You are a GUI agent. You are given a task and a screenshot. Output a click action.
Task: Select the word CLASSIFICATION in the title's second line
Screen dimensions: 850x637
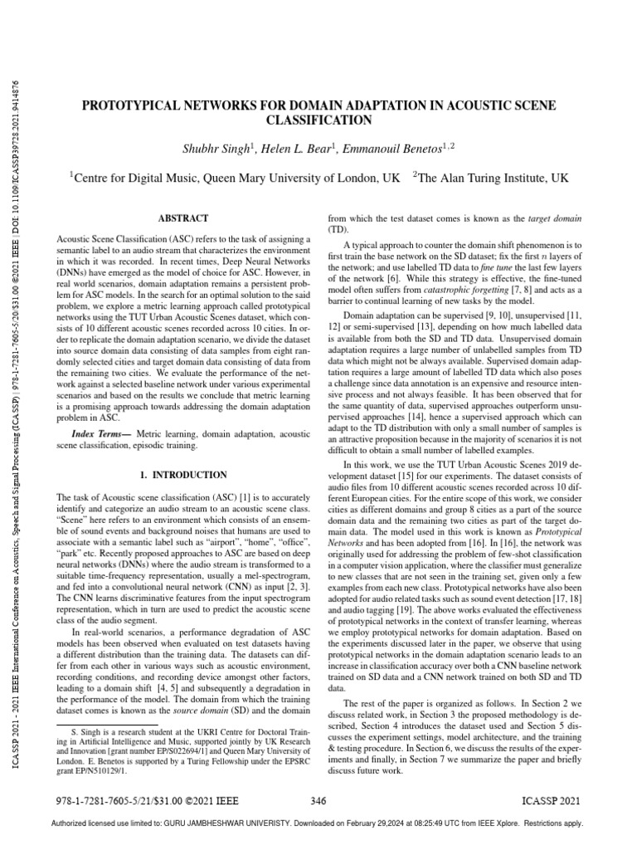(318, 120)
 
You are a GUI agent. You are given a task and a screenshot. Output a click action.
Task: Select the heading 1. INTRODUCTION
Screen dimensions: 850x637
(182, 475)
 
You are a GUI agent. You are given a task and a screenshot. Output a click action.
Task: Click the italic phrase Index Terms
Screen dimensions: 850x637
(99, 434)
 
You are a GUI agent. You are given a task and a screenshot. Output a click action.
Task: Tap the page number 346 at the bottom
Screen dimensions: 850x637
(318, 801)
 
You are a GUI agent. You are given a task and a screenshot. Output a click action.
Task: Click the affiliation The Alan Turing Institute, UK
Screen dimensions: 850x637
(493, 177)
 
